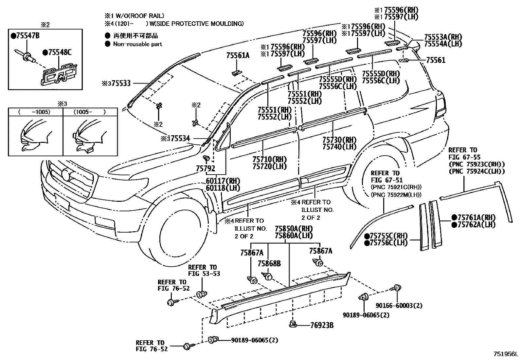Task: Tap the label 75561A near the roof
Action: tap(238, 56)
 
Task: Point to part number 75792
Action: tap(206, 169)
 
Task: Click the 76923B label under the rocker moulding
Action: tap(322, 325)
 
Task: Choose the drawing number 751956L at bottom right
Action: tap(506, 354)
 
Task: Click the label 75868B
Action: tap(269, 264)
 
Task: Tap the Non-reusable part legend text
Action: tap(137, 44)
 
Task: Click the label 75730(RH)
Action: tap(339, 139)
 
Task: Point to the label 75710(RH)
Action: tap(269, 159)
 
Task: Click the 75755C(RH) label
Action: tap(389, 236)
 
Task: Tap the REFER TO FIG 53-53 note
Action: tap(204, 270)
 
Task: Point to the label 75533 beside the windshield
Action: tap(119, 83)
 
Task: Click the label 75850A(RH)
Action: tap(294, 228)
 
